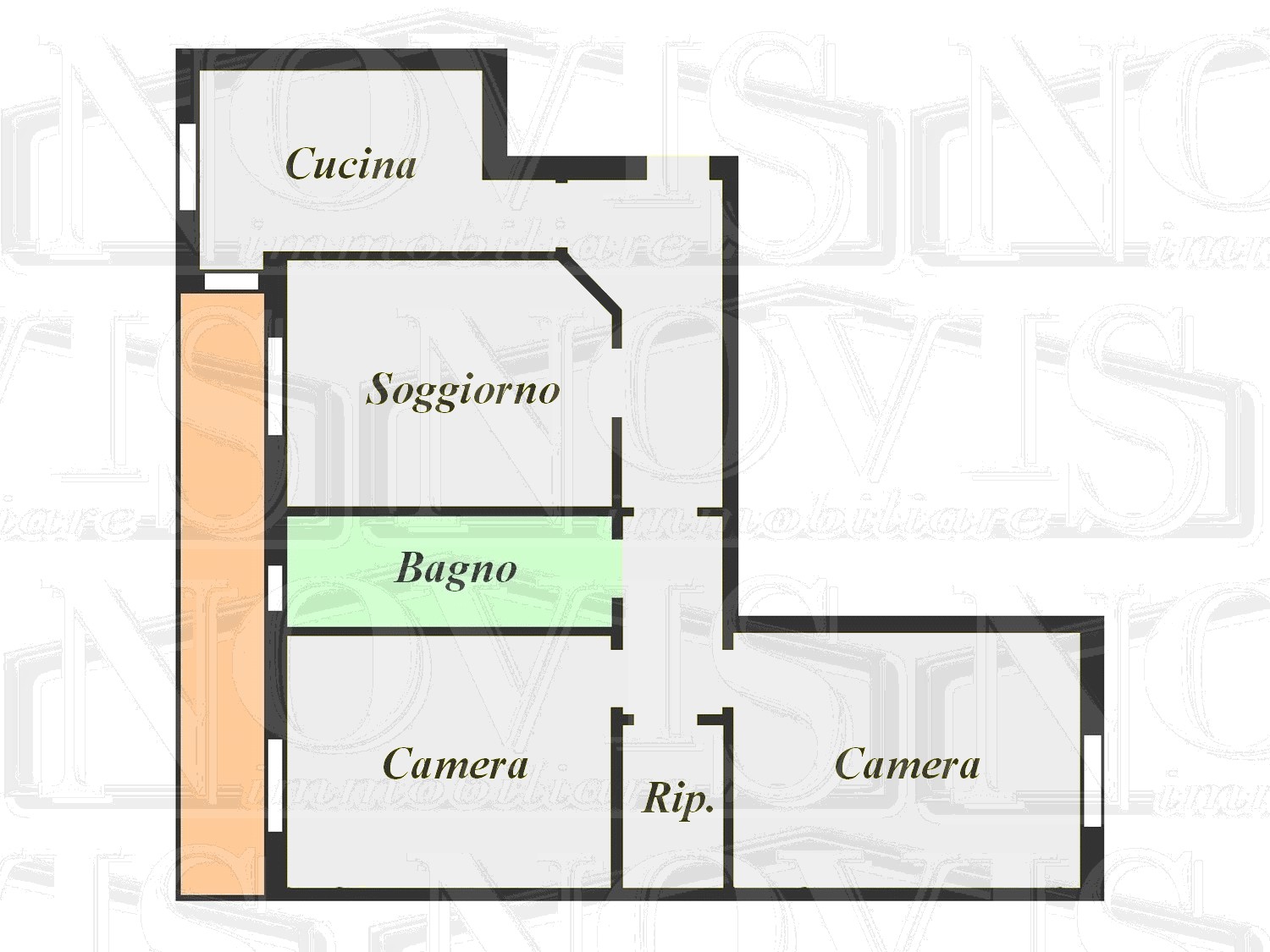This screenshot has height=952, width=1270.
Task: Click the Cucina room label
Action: [x=351, y=163]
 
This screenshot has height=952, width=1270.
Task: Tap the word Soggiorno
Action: [x=462, y=389]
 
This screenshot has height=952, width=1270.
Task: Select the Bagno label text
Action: [x=456, y=569]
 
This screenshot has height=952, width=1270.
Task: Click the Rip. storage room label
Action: [x=678, y=798]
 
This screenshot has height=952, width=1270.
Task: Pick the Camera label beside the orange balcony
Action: [x=456, y=764]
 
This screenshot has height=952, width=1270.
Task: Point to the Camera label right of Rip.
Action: [x=907, y=764]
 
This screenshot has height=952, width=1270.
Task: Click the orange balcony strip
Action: [x=220, y=592]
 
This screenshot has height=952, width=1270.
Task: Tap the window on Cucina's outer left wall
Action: [x=188, y=164]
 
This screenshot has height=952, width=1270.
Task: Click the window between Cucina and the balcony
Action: [x=231, y=281]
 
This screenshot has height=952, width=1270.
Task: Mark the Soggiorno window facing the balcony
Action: [x=275, y=386]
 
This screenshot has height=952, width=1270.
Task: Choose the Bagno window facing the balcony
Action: [x=275, y=587]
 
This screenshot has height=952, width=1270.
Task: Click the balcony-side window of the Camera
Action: [x=275, y=784]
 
